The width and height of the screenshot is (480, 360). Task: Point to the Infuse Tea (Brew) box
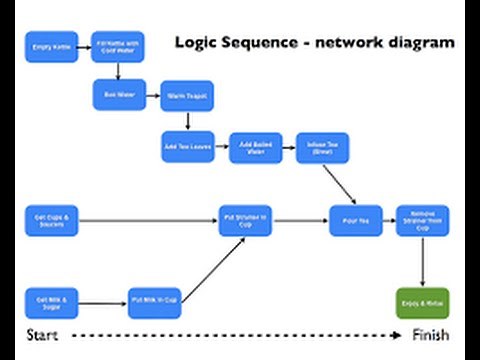[319, 148]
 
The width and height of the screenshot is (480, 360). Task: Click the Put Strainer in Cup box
[246, 219]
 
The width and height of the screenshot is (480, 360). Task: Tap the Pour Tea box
[356, 220]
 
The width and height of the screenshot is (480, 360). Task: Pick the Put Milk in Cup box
[154, 300]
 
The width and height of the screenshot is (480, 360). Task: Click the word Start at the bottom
[42, 334]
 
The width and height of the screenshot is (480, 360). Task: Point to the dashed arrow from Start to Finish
[230, 335]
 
